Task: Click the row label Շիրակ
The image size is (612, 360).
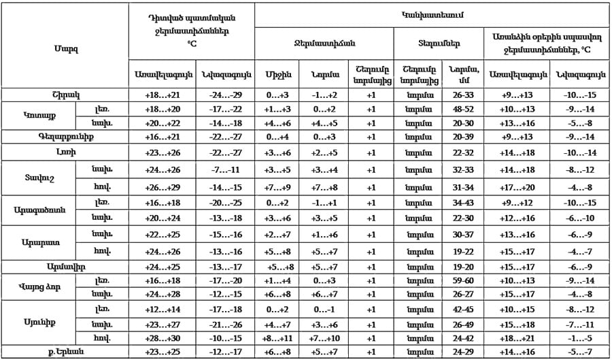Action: (65, 95)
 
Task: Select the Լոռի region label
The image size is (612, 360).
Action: (65, 153)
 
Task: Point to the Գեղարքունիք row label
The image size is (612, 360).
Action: (65, 136)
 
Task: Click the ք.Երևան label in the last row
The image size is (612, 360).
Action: (65, 351)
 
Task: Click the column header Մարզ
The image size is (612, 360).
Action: (65, 49)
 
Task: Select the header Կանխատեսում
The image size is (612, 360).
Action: (433, 14)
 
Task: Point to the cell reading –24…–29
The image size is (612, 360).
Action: (224, 95)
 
